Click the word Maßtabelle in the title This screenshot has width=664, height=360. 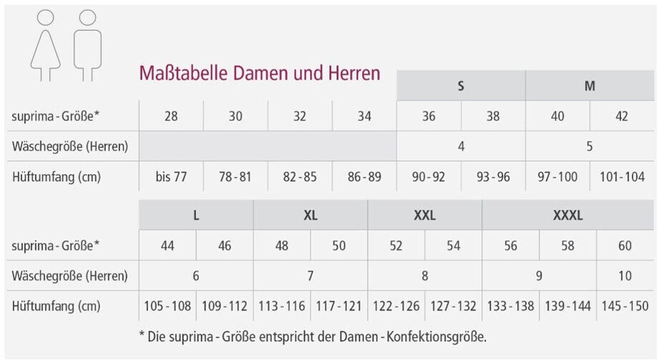click(183, 73)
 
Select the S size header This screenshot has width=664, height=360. click(461, 86)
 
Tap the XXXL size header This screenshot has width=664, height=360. click(568, 215)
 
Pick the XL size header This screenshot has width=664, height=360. click(311, 215)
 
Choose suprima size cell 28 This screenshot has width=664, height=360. click(171, 116)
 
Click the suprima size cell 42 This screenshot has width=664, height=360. click(622, 116)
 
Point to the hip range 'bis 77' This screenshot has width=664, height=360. click(171, 177)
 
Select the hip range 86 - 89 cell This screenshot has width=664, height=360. click(364, 177)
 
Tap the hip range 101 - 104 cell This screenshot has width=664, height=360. click(622, 177)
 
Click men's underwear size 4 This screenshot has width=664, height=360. click(462, 147)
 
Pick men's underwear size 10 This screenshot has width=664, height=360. click(625, 276)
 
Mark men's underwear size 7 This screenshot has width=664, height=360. click(311, 276)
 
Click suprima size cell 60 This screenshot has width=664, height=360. click(625, 245)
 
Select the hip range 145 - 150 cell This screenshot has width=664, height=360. click(625, 306)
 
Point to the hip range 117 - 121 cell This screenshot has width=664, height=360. click(338, 306)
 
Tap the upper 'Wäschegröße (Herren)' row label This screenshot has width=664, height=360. click(70, 147)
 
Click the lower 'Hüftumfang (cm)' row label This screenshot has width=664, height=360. click(57, 306)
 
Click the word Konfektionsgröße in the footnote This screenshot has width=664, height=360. click(436, 336)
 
